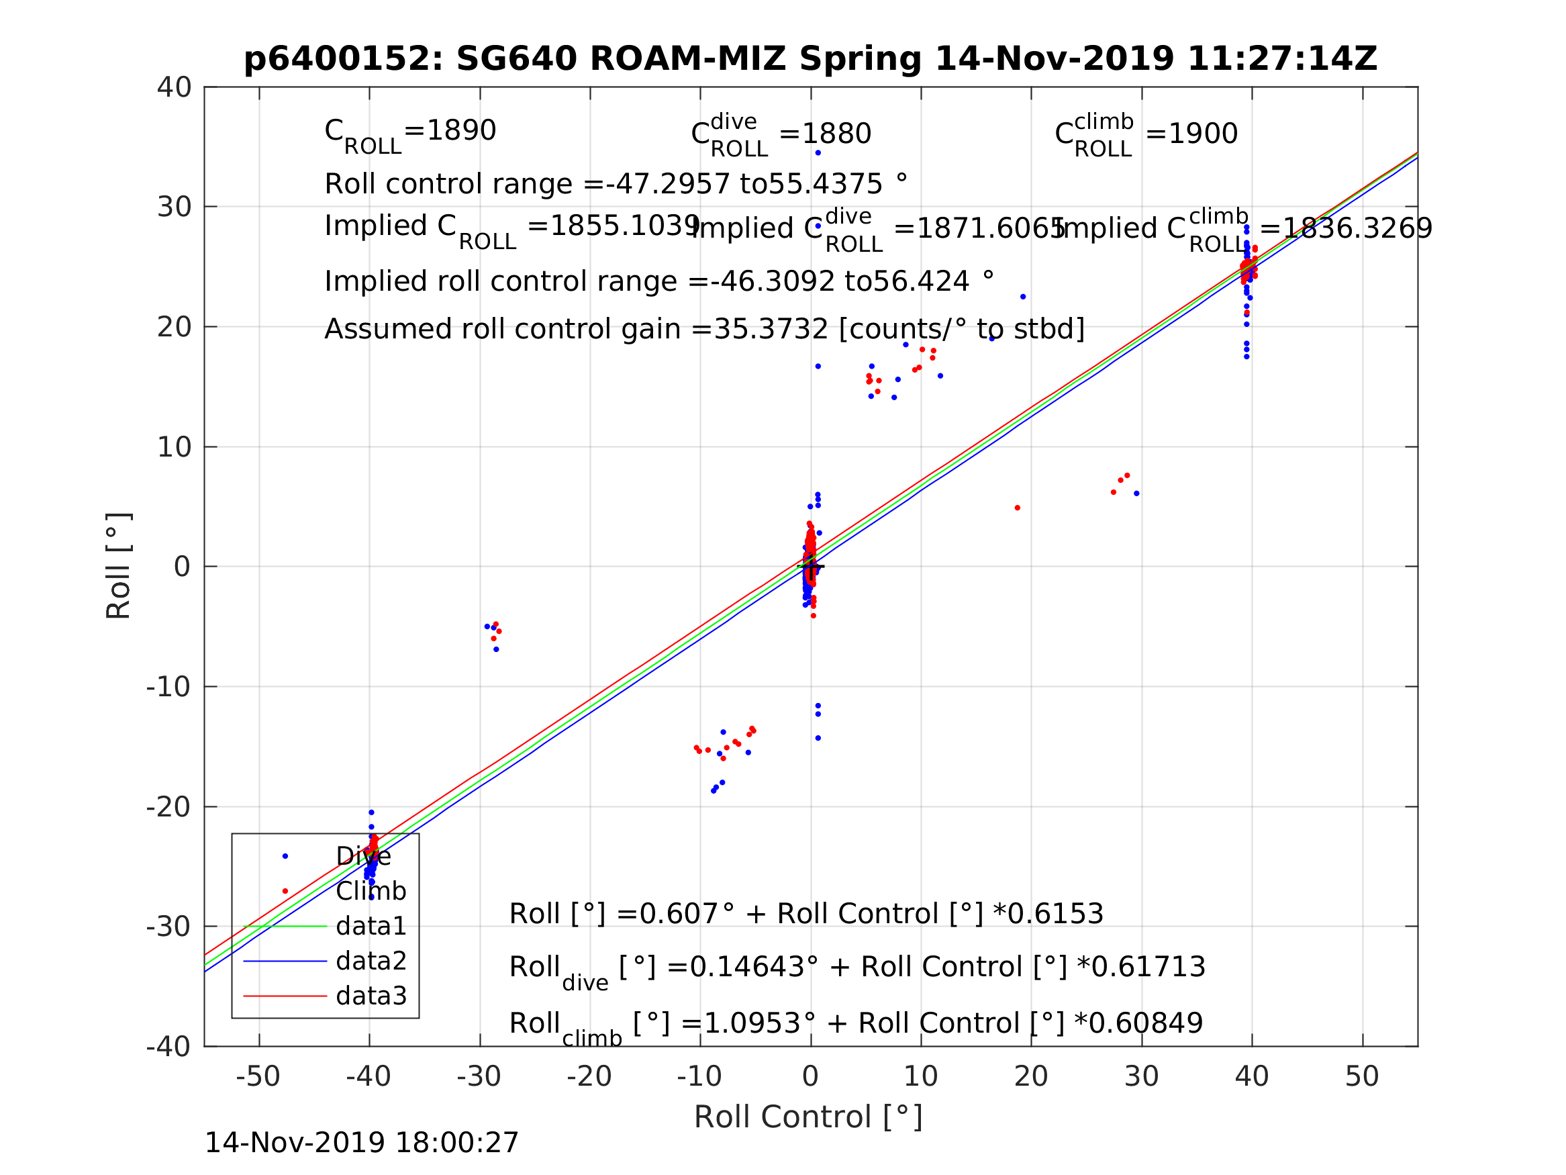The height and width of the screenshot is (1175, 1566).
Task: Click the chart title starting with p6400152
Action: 810,59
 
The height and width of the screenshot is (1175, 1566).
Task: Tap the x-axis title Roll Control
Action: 808,1117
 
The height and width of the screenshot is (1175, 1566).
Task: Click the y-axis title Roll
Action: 118,566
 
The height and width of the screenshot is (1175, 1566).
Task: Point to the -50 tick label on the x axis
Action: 258,1076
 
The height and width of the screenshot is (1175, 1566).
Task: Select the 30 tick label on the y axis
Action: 174,207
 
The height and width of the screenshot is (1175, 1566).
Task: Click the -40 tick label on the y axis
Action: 168,1047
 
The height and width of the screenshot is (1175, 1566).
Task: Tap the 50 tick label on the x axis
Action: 1361,1076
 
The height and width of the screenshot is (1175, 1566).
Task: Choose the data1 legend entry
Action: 371,927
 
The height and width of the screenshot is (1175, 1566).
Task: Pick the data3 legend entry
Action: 371,996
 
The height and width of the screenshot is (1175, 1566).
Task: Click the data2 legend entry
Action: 371,961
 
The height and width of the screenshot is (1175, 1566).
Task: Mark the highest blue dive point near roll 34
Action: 818,153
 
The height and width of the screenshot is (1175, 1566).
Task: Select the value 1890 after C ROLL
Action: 460,131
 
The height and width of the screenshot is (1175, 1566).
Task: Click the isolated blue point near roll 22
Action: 1022,297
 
